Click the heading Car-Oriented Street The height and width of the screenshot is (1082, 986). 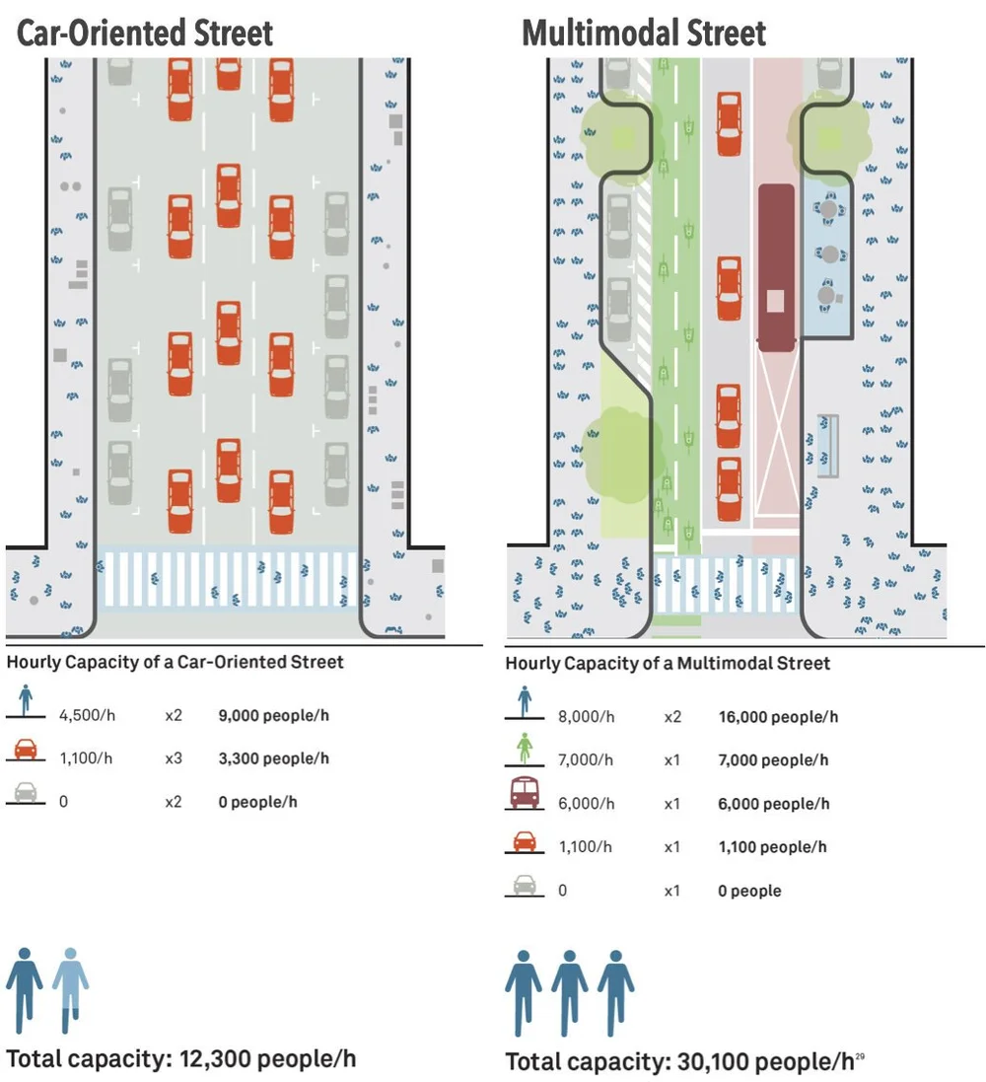point(145,33)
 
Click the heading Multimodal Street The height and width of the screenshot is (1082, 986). point(644,33)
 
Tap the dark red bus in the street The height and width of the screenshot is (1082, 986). point(777,266)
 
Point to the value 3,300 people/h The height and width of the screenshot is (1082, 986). point(273,757)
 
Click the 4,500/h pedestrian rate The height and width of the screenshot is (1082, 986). point(87,714)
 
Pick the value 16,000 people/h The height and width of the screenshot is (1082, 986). point(778,717)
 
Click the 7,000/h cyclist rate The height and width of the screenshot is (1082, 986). point(586,759)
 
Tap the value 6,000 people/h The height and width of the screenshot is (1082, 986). point(774,804)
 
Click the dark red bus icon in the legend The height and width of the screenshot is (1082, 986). point(524,793)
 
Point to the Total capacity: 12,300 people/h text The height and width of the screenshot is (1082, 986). point(180,1059)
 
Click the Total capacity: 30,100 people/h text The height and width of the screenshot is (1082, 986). point(679,1062)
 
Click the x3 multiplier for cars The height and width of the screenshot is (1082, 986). point(174,757)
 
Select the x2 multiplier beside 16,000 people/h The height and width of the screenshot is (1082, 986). point(672,717)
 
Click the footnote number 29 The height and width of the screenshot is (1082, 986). point(860,1055)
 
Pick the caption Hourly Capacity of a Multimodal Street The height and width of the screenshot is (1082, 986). point(668,663)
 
